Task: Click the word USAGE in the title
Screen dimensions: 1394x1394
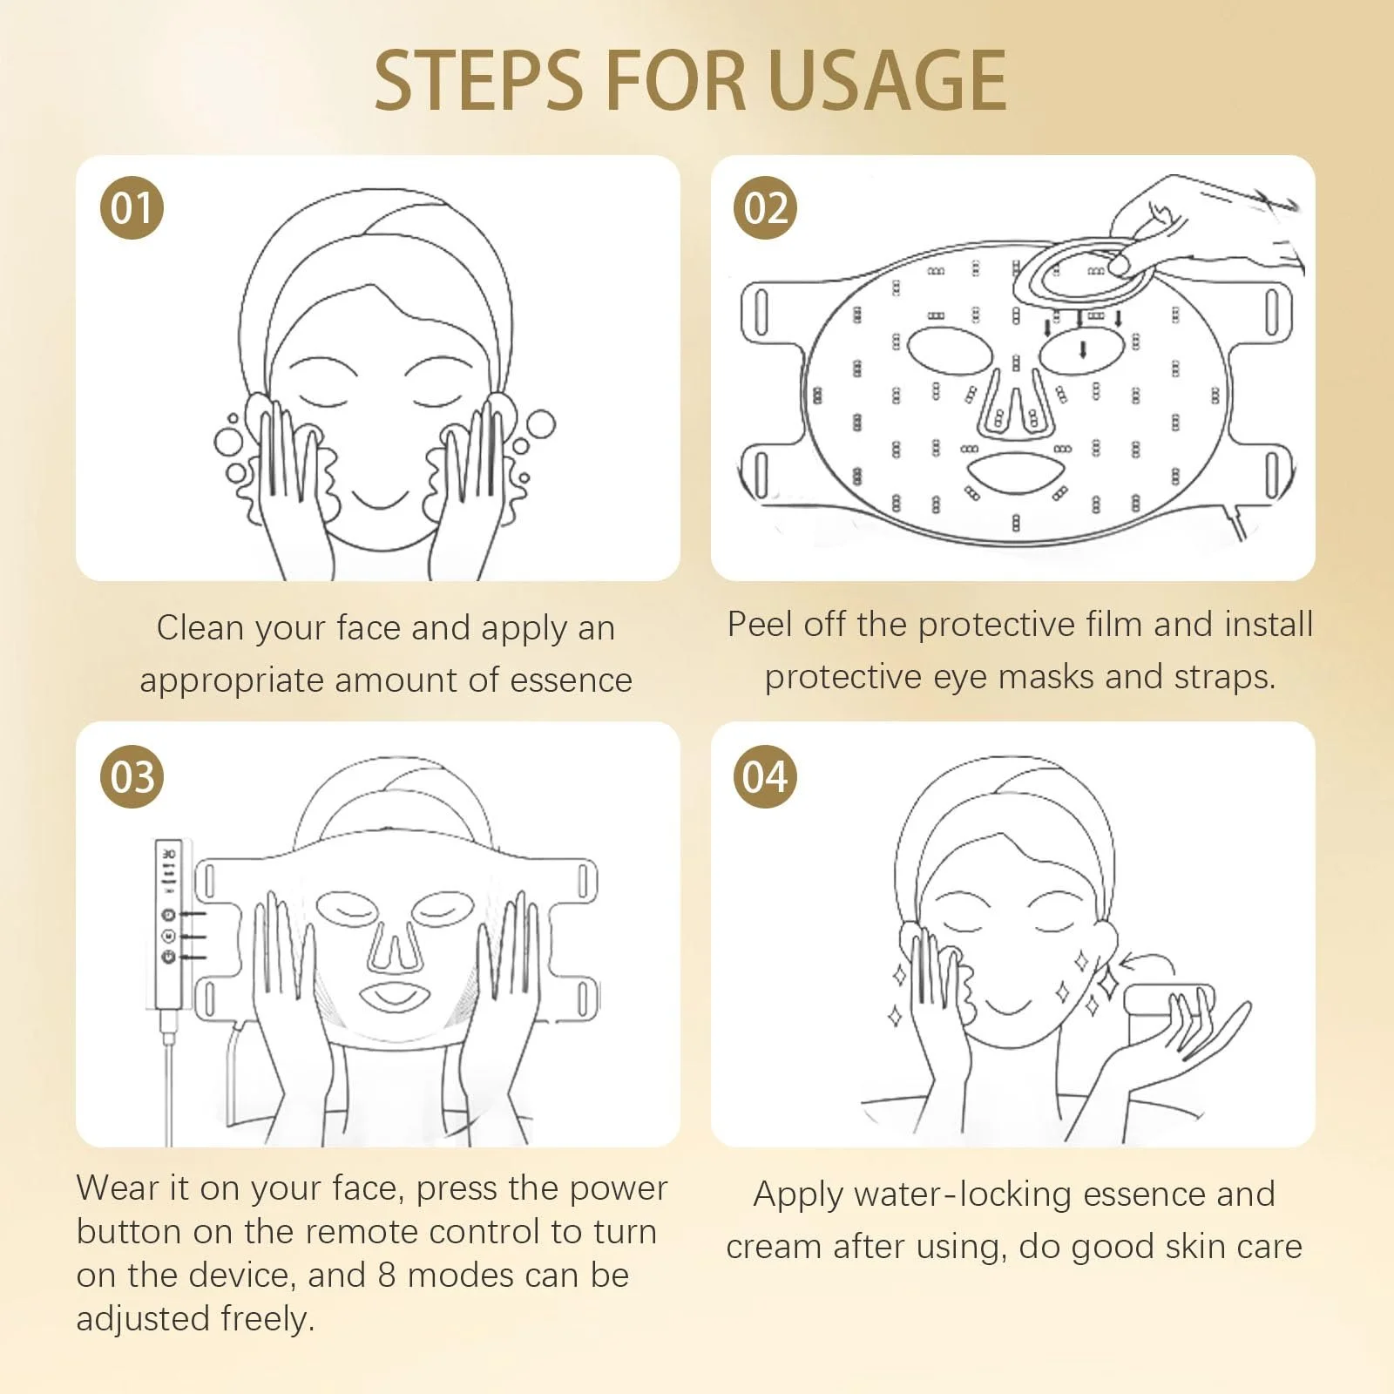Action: [x=887, y=80]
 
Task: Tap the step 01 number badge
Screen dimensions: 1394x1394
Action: [x=132, y=208]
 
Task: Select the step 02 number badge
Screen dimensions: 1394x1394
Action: [x=766, y=208]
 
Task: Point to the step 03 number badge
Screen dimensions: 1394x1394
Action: [x=132, y=777]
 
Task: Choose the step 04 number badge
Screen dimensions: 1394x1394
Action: [x=766, y=777]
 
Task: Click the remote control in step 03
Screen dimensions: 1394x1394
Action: [x=168, y=924]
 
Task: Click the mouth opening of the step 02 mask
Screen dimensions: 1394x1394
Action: [x=1015, y=473]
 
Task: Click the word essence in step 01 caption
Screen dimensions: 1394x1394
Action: [x=571, y=680]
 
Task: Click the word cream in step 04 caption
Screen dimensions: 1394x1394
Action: [x=774, y=1248]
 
